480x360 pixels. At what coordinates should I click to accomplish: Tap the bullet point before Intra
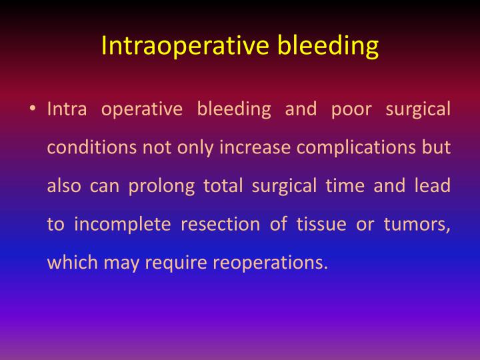pyautogui.click(x=32, y=109)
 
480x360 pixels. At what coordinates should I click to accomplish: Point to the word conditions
pyautogui.click(x=92, y=147)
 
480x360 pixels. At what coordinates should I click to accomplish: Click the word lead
pyautogui.click(x=431, y=186)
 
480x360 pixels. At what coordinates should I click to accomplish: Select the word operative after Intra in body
pyautogui.click(x=141, y=109)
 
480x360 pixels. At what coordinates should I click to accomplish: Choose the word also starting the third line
pyautogui.click(x=62, y=186)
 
